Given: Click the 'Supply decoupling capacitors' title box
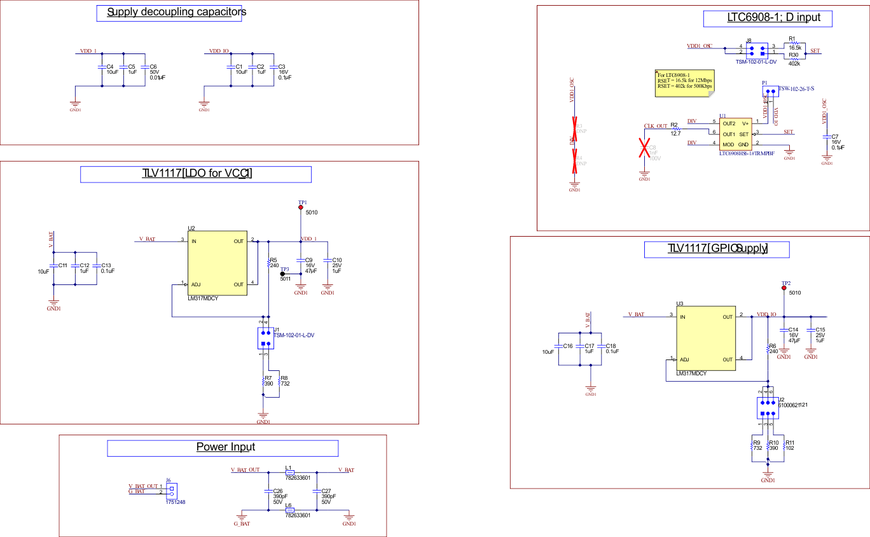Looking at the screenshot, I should [x=169, y=13].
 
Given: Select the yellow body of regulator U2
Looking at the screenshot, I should [x=217, y=263].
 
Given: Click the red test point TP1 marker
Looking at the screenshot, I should [x=301, y=207].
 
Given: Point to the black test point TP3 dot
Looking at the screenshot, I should [x=282, y=274].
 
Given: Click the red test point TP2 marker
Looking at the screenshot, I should [x=784, y=288].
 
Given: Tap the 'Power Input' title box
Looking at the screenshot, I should [x=223, y=448].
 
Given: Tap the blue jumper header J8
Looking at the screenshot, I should [x=756, y=49].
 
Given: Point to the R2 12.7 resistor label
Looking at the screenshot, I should [x=674, y=129].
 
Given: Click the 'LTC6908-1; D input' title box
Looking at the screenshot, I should [x=768, y=18].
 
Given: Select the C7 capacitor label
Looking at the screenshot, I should [x=835, y=136].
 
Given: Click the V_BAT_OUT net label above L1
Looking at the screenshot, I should [x=245, y=470].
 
